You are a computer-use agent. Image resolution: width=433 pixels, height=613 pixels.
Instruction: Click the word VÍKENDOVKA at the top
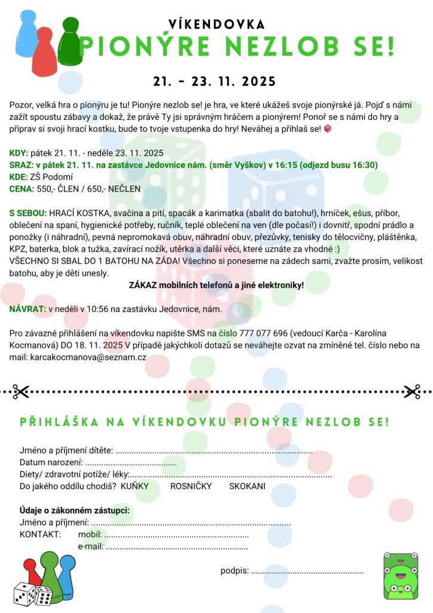[x=216, y=24]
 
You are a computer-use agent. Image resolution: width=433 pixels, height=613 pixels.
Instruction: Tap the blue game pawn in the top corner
[x=25, y=35]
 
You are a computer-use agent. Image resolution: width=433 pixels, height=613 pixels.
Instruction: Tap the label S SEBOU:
[x=28, y=213]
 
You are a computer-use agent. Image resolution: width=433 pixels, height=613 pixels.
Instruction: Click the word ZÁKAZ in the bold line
[x=144, y=285]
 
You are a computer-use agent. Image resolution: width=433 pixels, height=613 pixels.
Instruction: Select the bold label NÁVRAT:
[x=28, y=309]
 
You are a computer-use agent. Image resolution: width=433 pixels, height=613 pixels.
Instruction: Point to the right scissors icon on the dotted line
[x=411, y=392]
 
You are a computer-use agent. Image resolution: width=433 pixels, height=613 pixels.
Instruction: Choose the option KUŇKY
[x=135, y=486]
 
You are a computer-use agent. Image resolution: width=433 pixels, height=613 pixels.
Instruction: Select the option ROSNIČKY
[x=191, y=486]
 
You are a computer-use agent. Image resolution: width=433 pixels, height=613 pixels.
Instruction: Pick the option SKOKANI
[x=247, y=486]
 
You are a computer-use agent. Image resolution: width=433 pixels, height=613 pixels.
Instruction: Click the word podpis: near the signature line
[x=234, y=570]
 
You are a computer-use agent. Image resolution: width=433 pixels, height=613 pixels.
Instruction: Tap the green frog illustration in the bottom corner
[x=400, y=576]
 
